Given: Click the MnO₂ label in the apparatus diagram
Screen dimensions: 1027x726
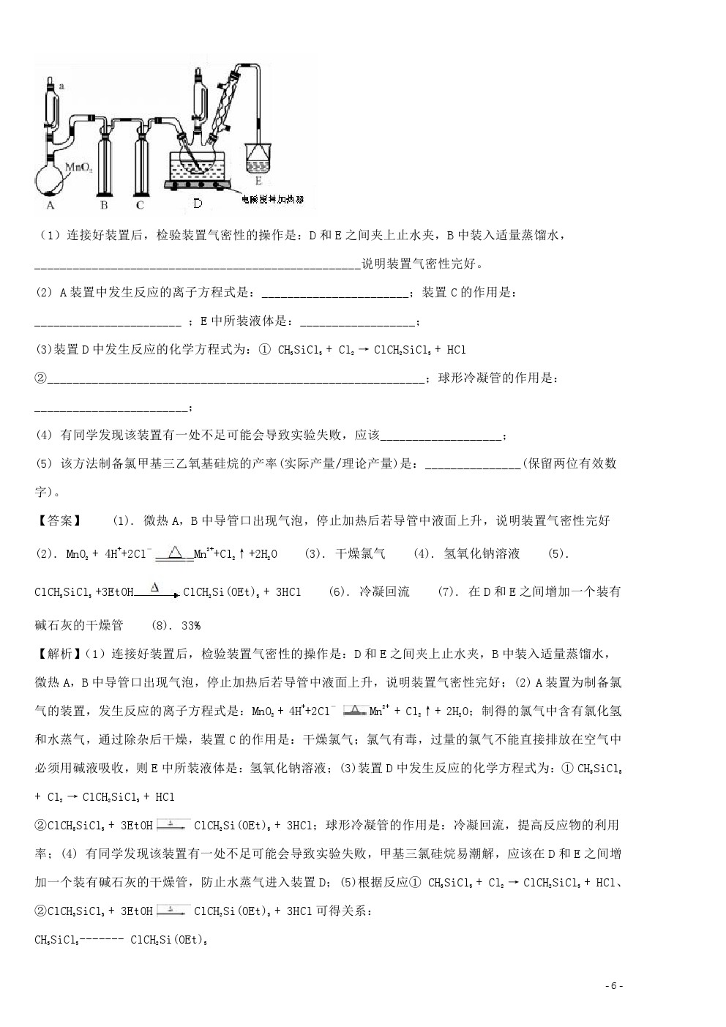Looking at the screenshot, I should (x=77, y=167).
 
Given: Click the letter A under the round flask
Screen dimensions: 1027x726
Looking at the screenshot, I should (x=50, y=206).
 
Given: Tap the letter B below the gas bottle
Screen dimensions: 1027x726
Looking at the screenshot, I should (x=104, y=206).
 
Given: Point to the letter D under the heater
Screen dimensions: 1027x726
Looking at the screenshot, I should (x=198, y=203).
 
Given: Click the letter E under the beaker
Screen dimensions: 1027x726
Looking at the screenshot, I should (x=258, y=179).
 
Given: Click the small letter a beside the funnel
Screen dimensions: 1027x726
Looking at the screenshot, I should (x=61, y=86).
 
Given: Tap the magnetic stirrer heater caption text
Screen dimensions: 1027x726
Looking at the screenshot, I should (x=274, y=198).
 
